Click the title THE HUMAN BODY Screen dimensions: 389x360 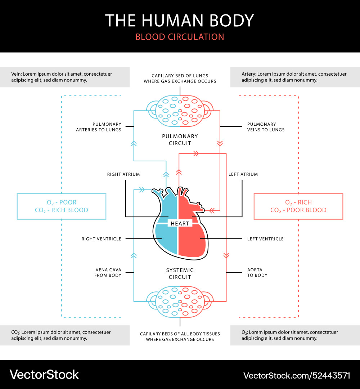(180, 21)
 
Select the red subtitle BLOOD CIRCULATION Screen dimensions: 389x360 (180, 37)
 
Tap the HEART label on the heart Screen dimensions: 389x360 (180, 223)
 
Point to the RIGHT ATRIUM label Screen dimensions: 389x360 (123, 174)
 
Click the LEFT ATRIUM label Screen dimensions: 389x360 (243, 174)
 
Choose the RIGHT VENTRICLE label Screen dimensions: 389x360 (102, 239)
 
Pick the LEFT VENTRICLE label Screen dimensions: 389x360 (265, 239)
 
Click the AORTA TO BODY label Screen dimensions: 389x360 (257, 272)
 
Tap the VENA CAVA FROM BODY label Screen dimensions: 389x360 (108, 272)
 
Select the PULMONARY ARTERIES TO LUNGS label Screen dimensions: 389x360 (99, 127)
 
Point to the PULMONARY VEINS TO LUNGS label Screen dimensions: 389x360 (266, 127)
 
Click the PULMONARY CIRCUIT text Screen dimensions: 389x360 (180, 140)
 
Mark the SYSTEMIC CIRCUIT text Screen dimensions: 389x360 (180, 273)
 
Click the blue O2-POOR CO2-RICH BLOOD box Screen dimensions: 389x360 (62, 206)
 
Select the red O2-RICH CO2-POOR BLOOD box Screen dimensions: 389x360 (298, 206)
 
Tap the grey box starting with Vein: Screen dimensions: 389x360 (65, 77)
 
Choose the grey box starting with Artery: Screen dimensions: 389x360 (295, 77)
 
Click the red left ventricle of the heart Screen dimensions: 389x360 (193, 241)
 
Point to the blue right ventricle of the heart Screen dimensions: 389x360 (166, 241)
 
